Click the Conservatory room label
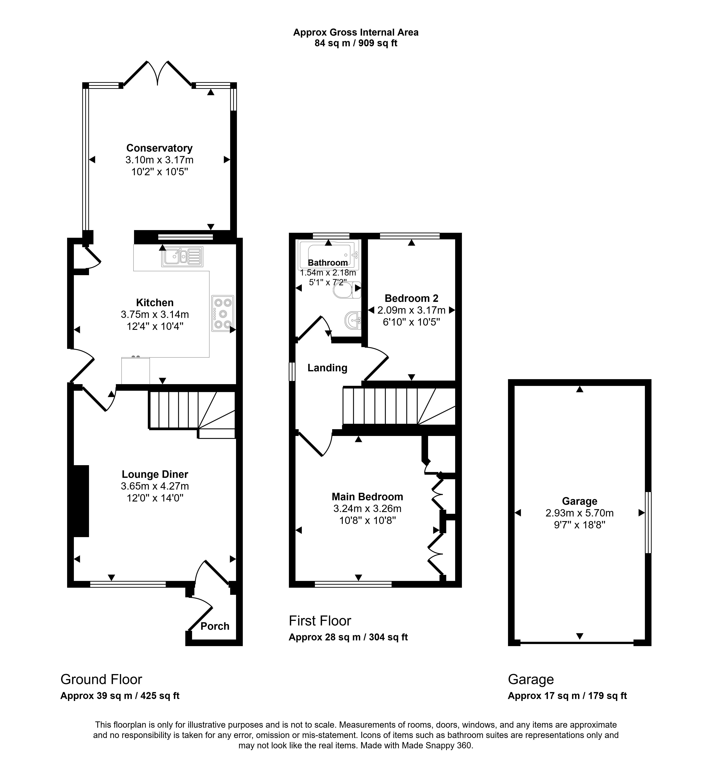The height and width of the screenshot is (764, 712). click(159, 148)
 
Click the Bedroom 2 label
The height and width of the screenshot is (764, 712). click(411, 298)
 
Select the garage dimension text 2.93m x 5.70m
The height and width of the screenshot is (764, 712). click(580, 513)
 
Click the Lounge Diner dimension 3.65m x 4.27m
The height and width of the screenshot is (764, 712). click(155, 486)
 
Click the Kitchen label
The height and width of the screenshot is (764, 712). click(155, 302)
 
